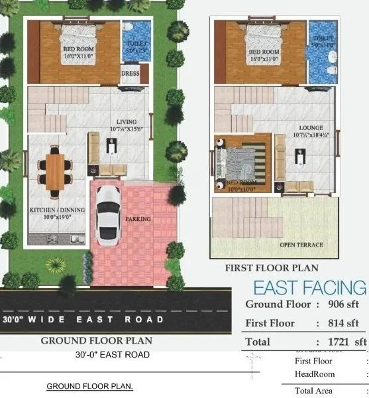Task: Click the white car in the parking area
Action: [107, 213]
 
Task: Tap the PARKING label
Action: [138, 218]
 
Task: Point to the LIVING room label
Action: [127, 122]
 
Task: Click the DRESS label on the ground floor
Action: [130, 74]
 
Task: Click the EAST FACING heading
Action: [309, 288]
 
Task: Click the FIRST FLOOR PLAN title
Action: [272, 269]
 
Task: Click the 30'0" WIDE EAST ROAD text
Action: [83, 320]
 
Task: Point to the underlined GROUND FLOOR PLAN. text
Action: [89, 386]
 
